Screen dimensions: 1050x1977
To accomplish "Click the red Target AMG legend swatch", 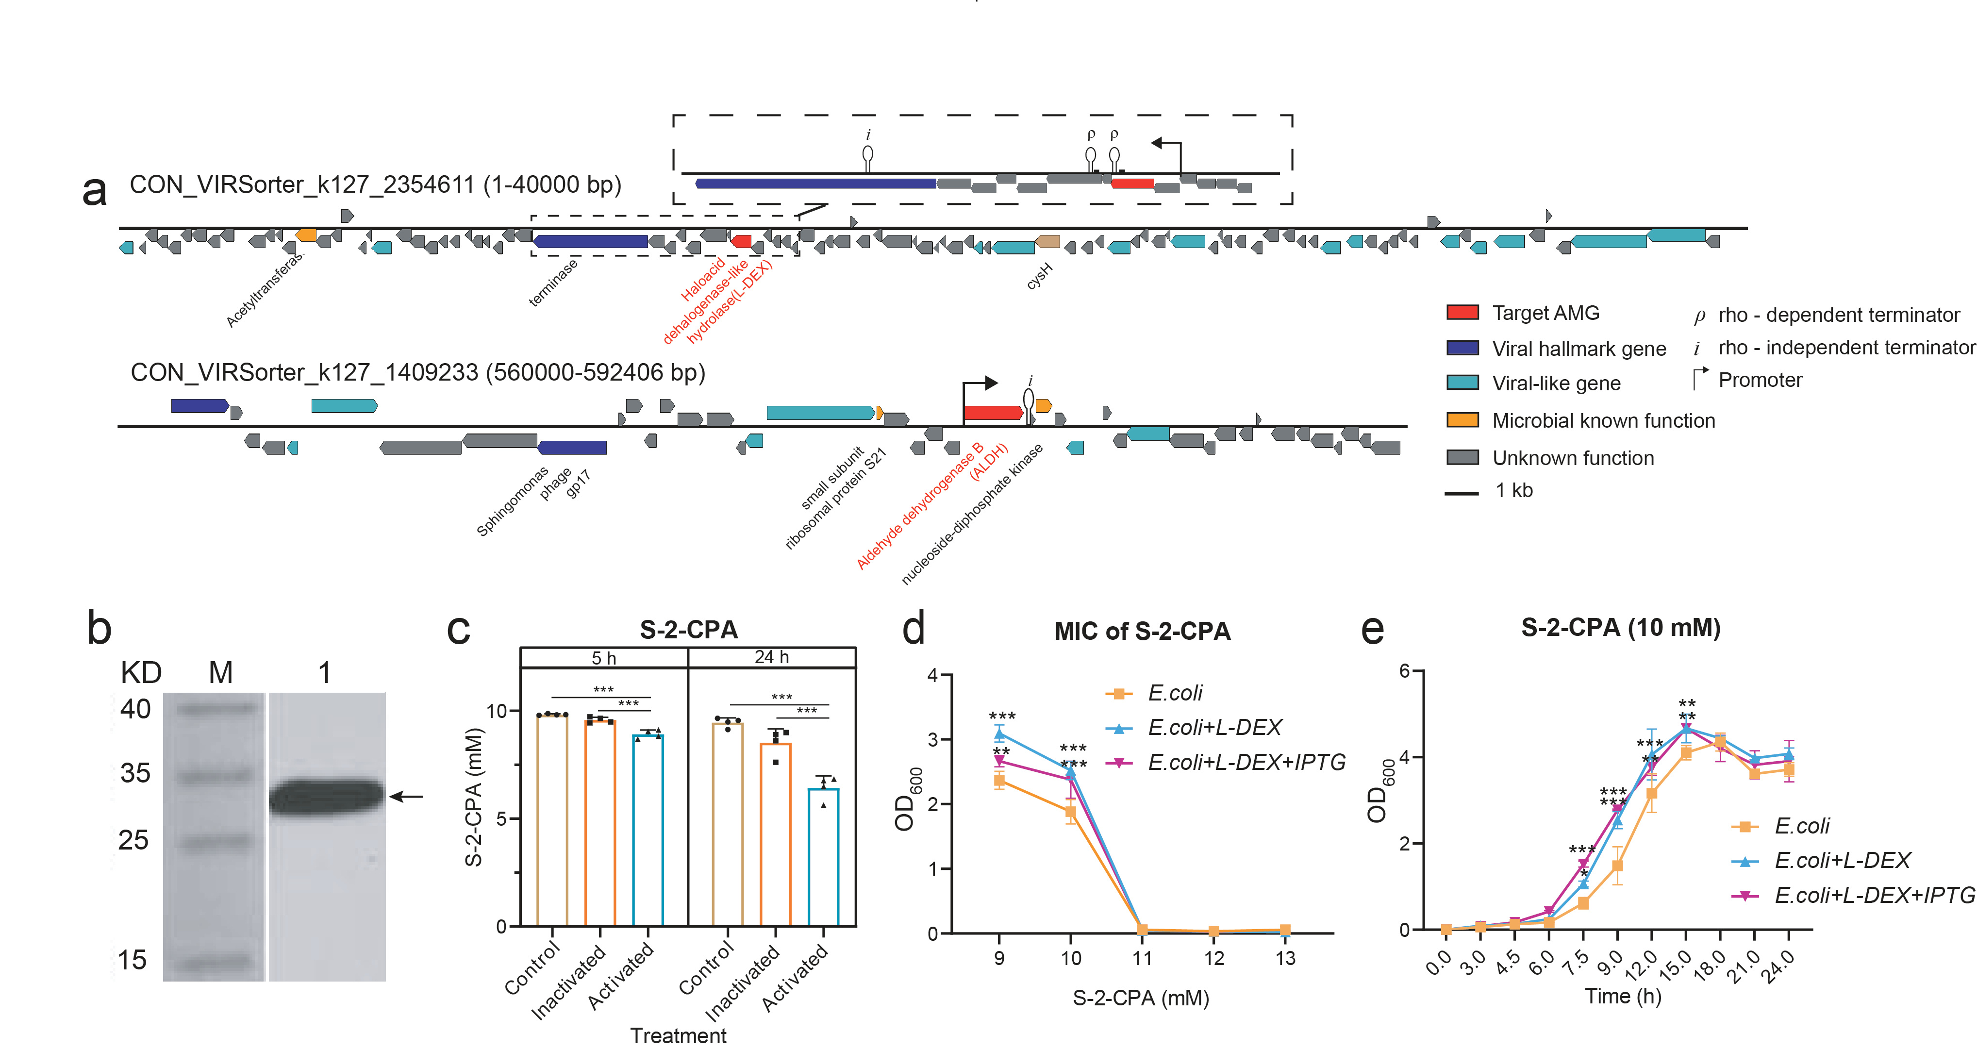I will (x=1462, y=313).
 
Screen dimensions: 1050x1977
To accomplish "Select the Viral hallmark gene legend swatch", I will (x=1462, y=348).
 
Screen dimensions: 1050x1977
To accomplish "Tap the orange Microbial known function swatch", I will (x=1462, y=420).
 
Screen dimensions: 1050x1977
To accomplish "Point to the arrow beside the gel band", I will (x=407, y=797).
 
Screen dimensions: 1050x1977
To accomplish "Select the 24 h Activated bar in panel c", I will (x=824, y=856).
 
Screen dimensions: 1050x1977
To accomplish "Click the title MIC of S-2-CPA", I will (x=1142, y=632).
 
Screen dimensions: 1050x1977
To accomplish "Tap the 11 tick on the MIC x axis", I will (x=1142, y=958).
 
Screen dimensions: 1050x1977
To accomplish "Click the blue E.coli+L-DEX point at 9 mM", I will (x=999, y=734).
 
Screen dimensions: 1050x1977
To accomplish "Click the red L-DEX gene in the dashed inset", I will (x=1132, y=183).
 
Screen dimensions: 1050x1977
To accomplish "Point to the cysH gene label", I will (x=1039, y=276).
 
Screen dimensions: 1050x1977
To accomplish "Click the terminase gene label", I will (x=552, y=283).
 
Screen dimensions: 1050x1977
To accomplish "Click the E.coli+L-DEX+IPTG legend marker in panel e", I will (x=1745, y=895).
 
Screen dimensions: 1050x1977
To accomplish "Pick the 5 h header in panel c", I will (x=603, y=658).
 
